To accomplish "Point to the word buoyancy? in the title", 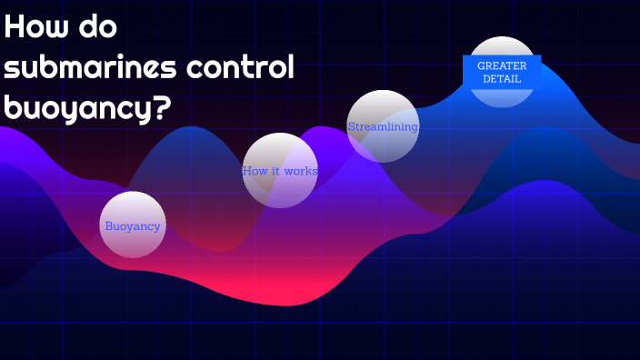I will [x=87, y=108].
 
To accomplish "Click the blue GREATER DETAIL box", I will [x=502, y=72].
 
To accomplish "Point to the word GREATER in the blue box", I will [x=502, y=65].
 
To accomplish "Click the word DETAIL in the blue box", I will [x=502, y=79].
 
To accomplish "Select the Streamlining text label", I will [x=383, y=127].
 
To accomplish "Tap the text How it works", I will [x=280, y=171].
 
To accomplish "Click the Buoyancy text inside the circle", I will [x=133, y=226].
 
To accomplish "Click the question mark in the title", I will [x=162, y=108].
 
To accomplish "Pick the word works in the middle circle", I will [x=300, y=171].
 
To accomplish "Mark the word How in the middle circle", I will [x=253, y=171].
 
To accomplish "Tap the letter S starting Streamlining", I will [x=351, y=127].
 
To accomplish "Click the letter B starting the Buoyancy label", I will [x=108, y=226].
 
